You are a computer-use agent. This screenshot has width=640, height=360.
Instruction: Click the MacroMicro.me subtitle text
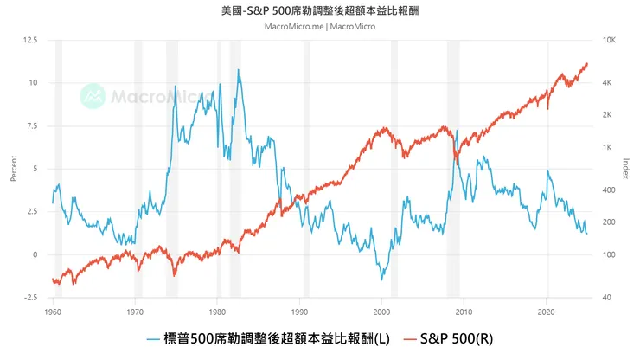(319, 26)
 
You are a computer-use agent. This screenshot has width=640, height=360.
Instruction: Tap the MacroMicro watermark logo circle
(93, 96)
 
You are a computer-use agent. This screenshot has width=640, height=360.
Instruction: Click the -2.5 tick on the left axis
(30, 298)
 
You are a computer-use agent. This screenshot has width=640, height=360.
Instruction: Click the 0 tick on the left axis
(35, 255)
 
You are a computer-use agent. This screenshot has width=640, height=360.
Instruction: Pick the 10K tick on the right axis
(608, 41)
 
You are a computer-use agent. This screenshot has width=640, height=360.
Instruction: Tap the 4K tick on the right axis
(607, 83)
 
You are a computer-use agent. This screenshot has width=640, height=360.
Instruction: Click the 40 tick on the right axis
(607, 298)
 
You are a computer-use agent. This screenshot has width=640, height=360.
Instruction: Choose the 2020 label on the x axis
(546, 310)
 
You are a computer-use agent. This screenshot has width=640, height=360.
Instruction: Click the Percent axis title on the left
(13, 169)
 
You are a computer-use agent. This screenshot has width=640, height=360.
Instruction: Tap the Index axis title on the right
(626, 169)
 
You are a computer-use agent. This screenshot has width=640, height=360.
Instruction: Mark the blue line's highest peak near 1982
(238, 70)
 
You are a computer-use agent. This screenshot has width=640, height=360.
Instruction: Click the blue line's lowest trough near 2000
(381, 280)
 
